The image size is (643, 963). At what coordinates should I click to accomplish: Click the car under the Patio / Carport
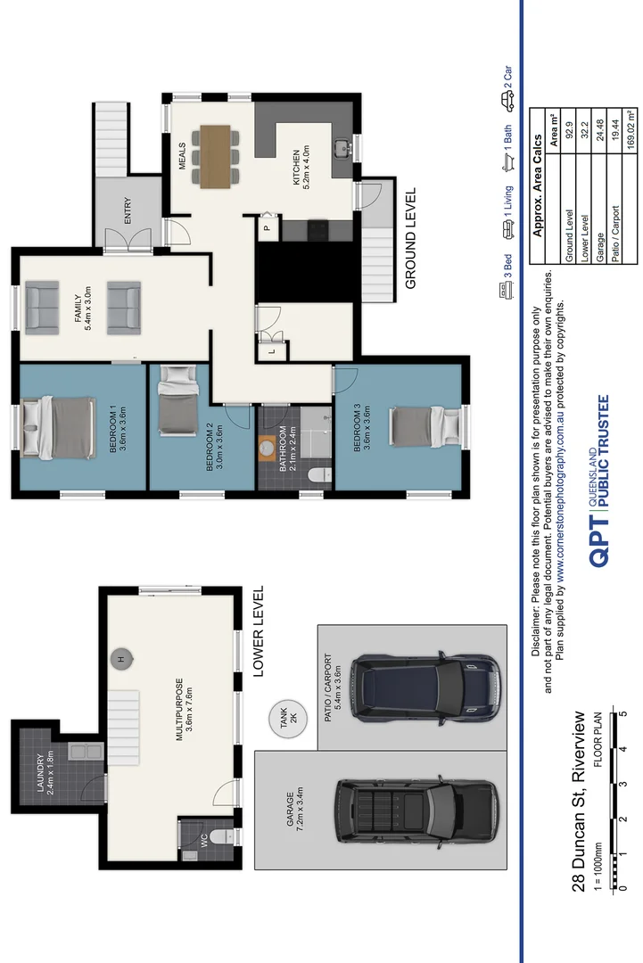click(x=425, y=687)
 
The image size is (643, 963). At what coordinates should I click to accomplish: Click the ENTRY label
click(x=128, y=210)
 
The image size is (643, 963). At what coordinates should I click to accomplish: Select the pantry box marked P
click(x=266, y=228)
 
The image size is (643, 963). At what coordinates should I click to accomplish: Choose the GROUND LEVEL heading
click(x=411, y=238)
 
